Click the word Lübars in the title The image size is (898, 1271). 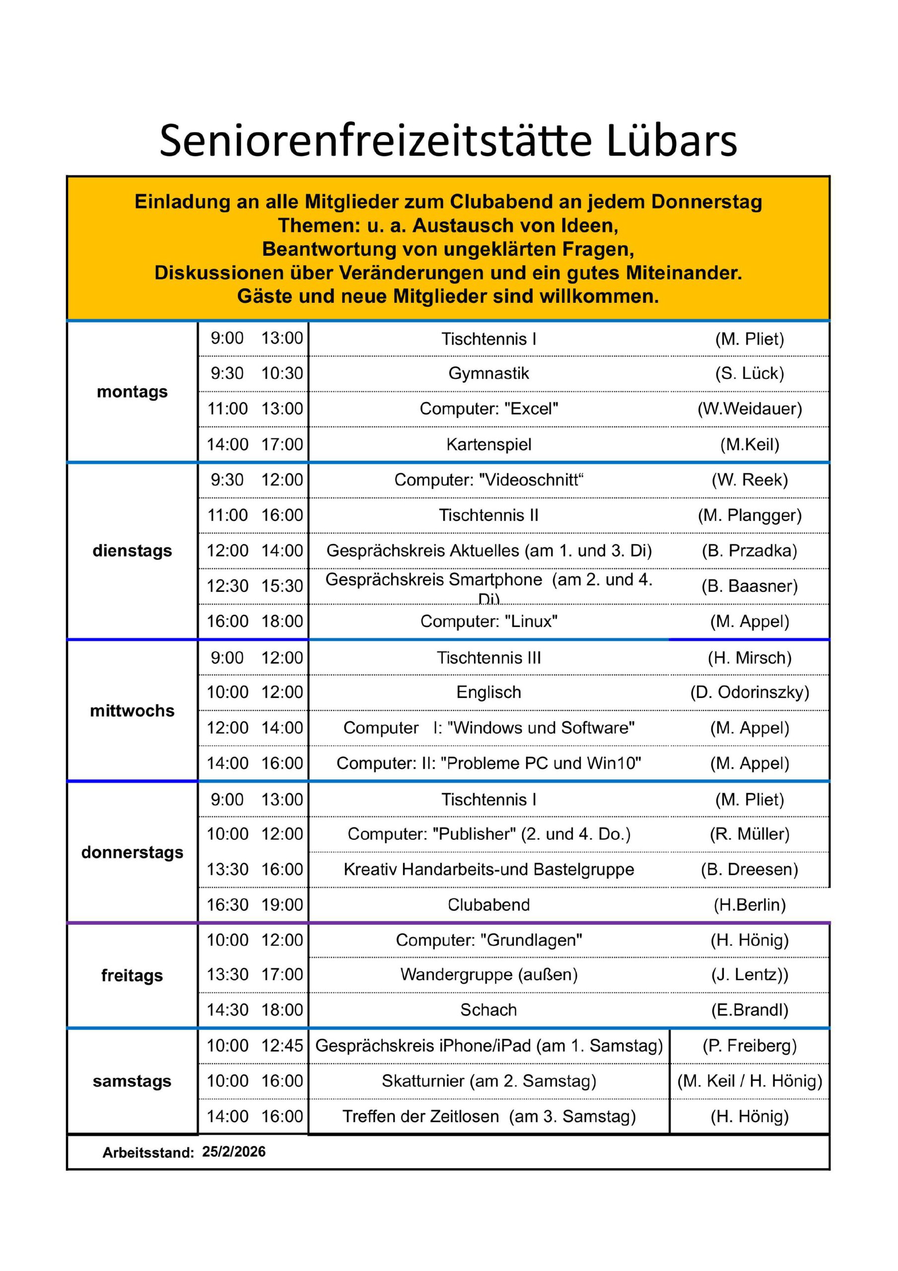(671, 141)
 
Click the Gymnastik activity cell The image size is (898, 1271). (488, 374)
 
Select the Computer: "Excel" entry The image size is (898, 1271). (488, 409)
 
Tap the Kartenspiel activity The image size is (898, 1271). (488, 444)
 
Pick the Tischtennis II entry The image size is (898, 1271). (488, 515)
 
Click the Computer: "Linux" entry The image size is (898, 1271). (488, 622)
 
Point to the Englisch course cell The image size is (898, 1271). (488, 693)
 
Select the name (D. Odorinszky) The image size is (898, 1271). (749, 693)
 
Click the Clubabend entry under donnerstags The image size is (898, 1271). (488, 905)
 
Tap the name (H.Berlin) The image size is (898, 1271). (749, 905)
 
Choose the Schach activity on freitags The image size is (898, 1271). (488, 1010)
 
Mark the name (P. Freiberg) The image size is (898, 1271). (749, 1046)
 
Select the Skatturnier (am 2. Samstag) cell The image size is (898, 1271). (488, 1081)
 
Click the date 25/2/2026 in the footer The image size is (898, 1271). (234, 1152)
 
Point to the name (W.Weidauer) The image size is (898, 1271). (749, 409)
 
